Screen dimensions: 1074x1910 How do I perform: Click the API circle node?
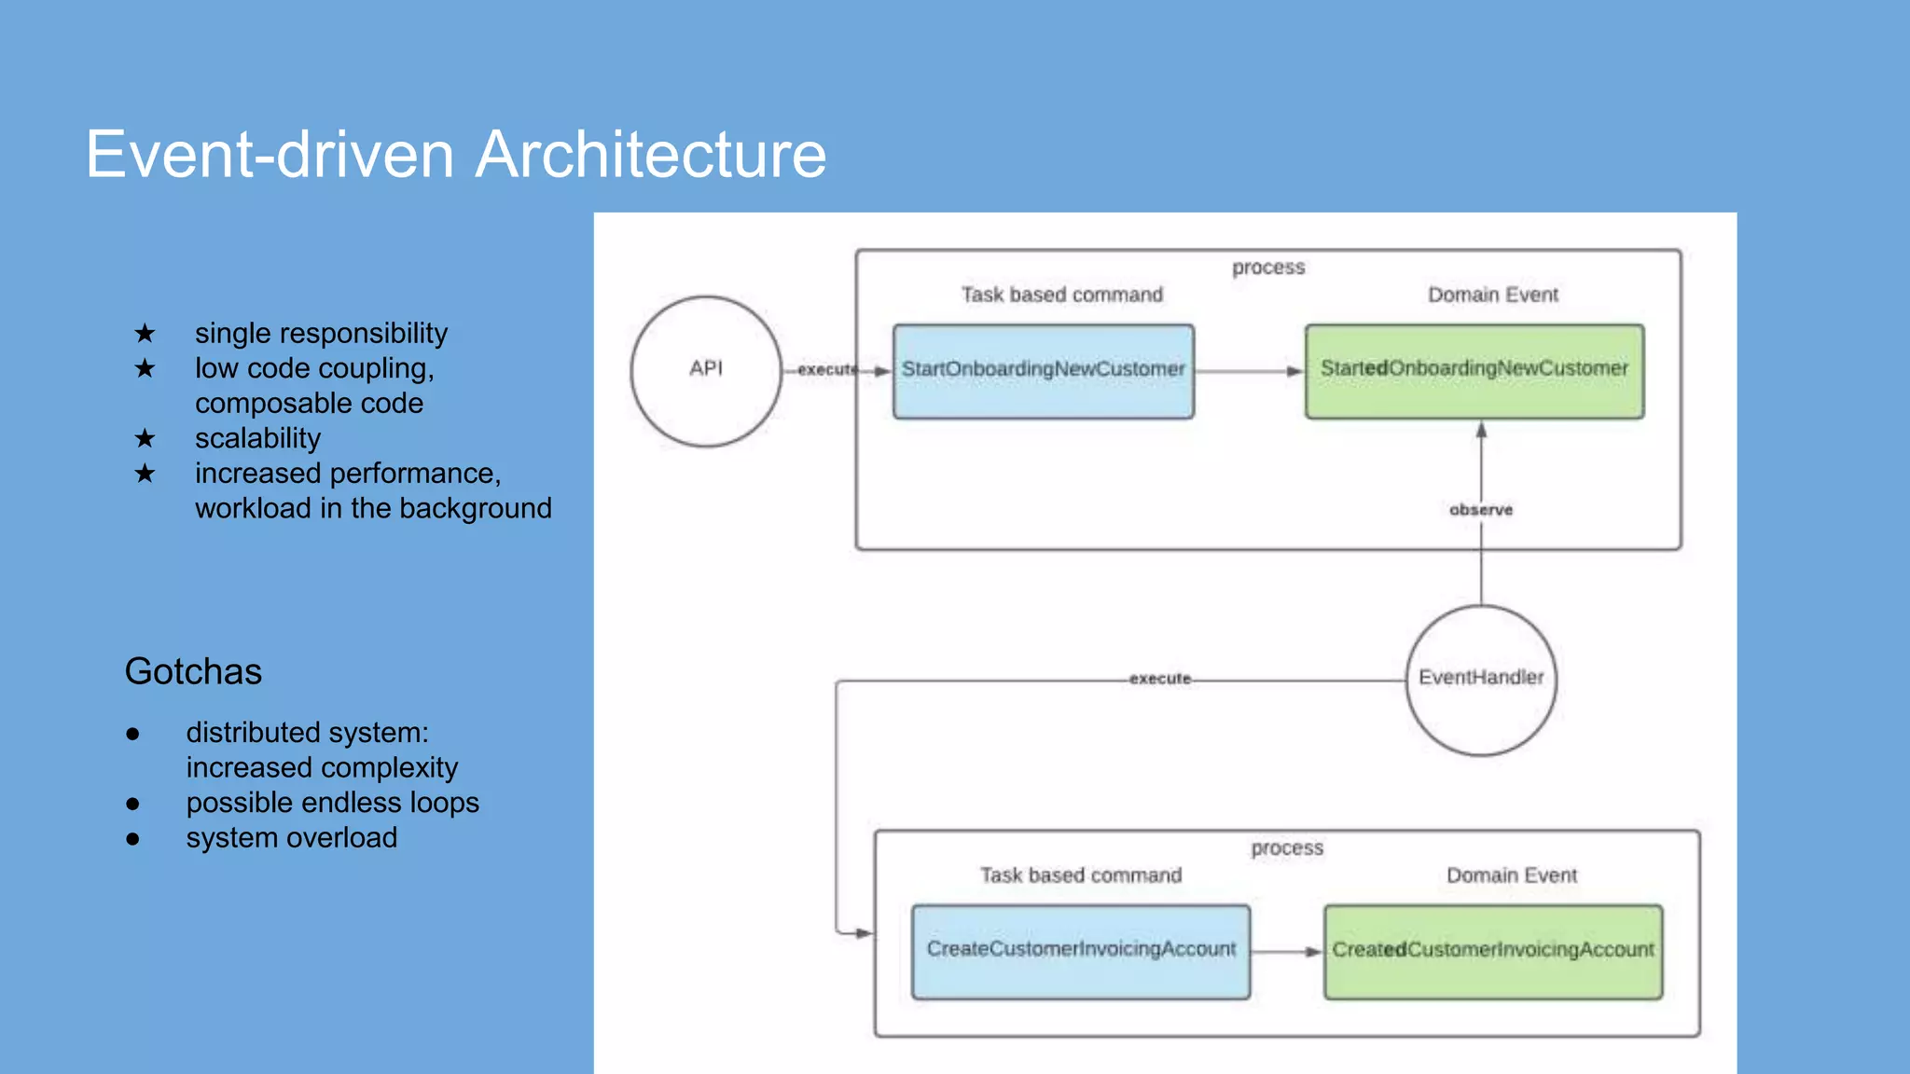tap(706, 371)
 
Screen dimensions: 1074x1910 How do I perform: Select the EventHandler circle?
tap(1481, 680)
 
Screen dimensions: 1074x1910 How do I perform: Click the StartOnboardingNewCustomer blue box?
tap(1043, 371)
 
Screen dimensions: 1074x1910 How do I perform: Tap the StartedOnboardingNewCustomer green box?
tap(1474, 371)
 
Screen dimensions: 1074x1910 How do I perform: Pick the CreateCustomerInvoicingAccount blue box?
tap(1080, 951)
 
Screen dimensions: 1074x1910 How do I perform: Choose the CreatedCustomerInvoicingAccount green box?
tap(1492, 951)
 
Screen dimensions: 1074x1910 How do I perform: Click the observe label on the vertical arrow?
tap(1481, 510)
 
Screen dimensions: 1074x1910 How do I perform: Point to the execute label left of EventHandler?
tap(1159, 679)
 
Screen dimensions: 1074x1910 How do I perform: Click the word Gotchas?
tap(193, 671)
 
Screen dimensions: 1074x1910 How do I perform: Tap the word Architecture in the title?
tap(651, 154)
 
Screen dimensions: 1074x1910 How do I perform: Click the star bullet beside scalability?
tap(145, 438)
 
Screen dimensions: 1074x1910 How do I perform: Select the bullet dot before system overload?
tap(132, 839)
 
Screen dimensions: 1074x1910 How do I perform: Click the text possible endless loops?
tap(332, 803)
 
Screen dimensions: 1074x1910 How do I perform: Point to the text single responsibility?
tap(321, 333)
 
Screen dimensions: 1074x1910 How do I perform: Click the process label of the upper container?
tap(1267, 268)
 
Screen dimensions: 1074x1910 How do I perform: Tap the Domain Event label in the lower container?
tap(1511, 875)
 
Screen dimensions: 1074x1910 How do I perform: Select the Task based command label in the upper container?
tap(1061, 295)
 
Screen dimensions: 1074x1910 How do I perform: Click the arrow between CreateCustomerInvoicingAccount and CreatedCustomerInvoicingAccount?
tap(1286, 952)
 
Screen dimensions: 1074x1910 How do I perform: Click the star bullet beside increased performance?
tap(145, 474)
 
